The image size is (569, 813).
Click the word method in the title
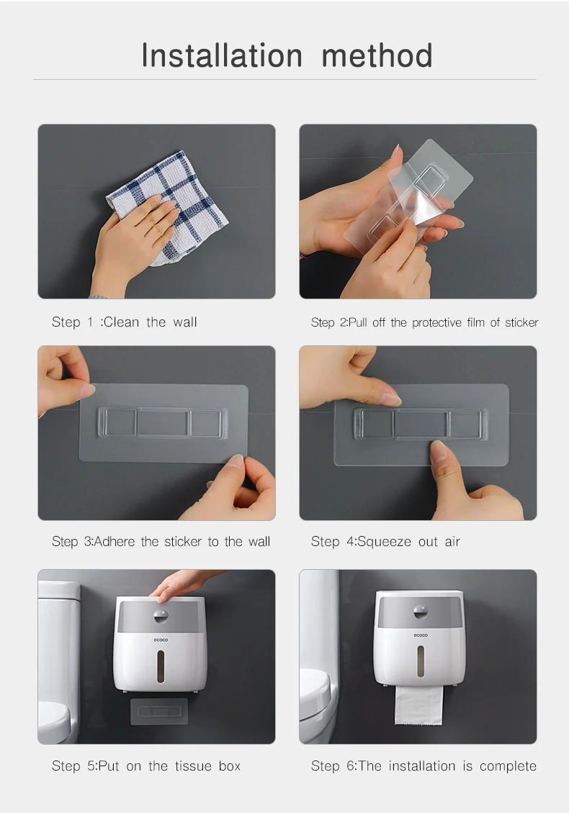coord(377,55)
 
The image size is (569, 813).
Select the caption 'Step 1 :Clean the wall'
coord(124,322)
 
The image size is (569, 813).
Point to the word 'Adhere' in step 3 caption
coord(115,541)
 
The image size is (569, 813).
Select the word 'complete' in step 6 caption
coord(508,766)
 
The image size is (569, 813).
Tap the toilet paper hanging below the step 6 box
coord(420,712)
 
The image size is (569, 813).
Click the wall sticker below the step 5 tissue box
coord(159,712)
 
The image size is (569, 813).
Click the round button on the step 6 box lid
coord(421,613)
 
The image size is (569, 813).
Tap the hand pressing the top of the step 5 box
coord(180,583)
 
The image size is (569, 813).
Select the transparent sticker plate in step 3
coord(163,423)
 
